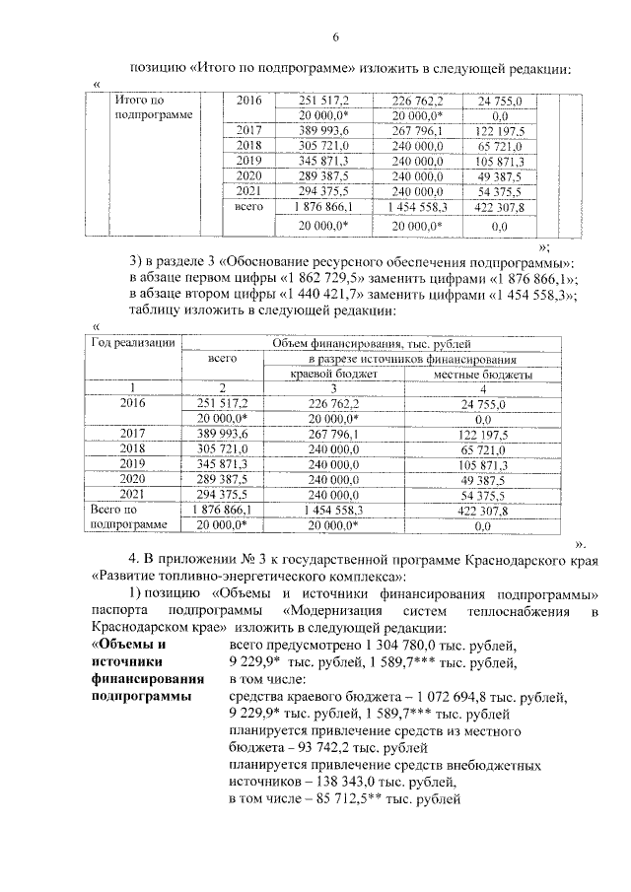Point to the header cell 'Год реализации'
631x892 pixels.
click(x=133, y=343)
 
